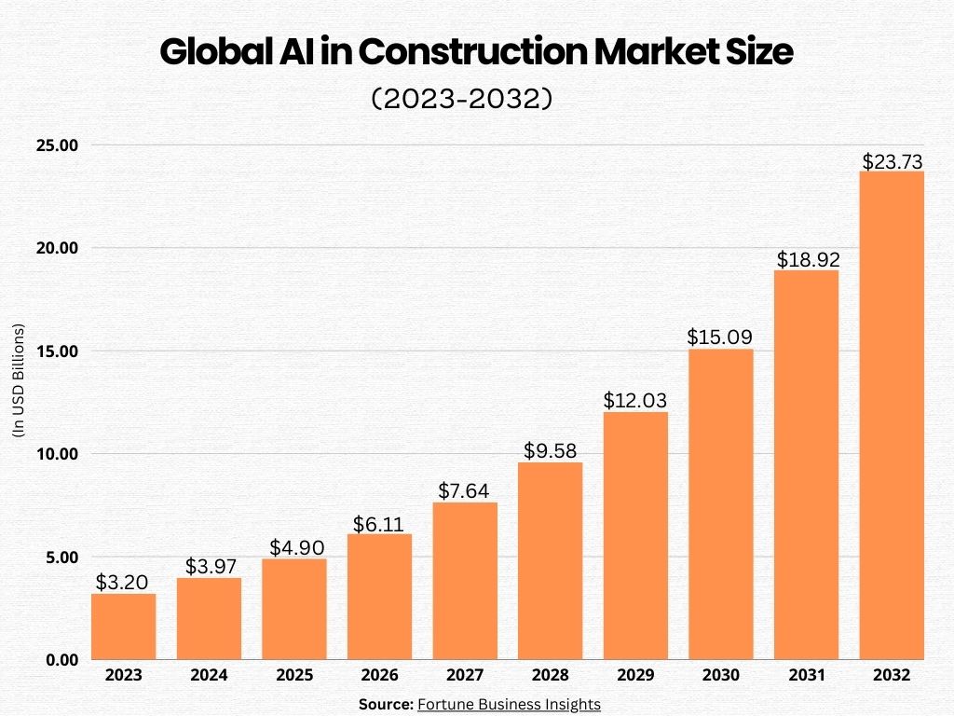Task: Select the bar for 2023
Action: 123,626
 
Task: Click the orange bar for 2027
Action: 465,581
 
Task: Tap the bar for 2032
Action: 892,415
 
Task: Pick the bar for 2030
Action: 720,504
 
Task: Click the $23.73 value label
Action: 892,161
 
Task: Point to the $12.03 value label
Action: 635,401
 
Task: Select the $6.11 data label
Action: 379,524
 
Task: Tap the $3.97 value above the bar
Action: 209,566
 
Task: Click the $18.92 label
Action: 806,259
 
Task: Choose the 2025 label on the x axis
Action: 293,675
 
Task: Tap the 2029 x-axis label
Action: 635,675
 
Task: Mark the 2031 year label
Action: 806,675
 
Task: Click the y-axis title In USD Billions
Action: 18,380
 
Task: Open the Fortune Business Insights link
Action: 509,705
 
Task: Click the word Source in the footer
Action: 386,705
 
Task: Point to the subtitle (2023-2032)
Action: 463,99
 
